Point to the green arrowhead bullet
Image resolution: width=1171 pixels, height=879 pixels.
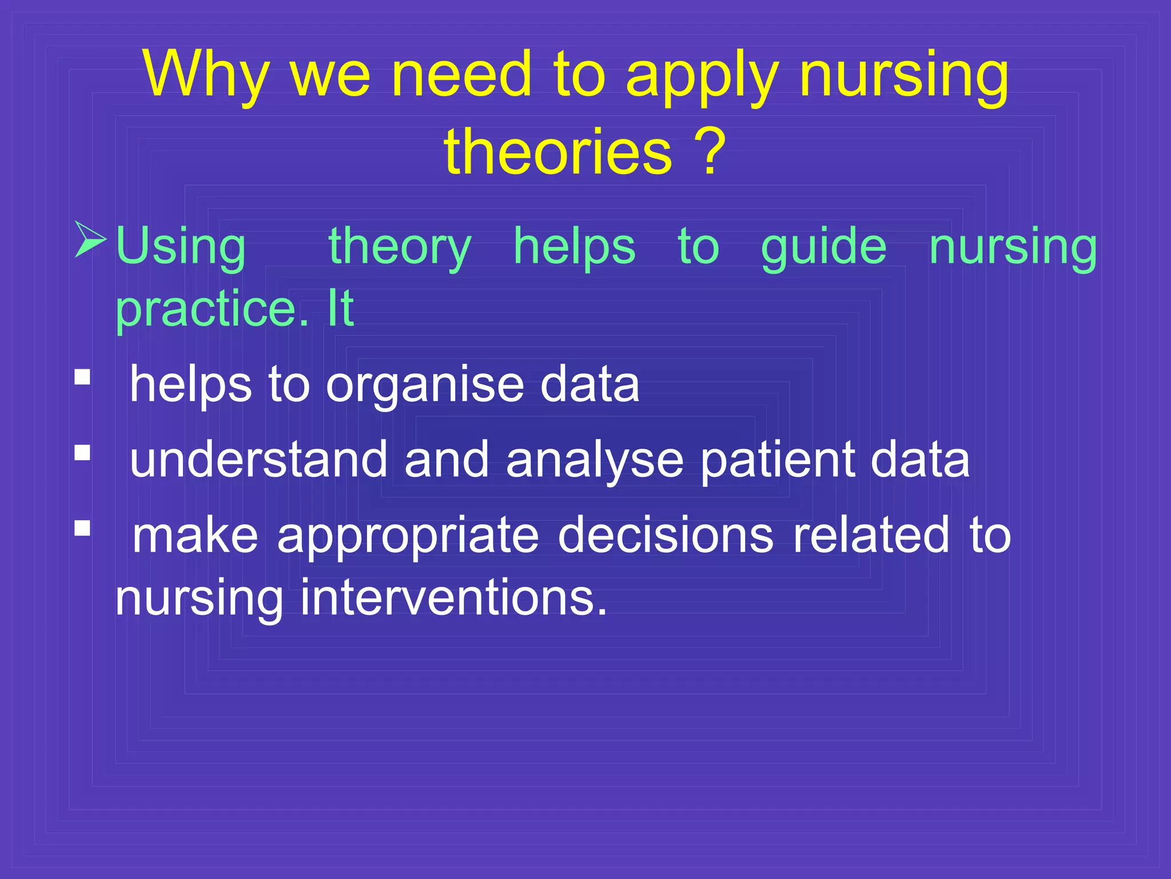(90, 239)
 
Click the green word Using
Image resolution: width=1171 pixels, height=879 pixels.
(181, 246)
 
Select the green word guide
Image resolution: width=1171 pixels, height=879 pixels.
(823, 246)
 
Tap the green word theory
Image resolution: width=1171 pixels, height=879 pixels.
(400, 246)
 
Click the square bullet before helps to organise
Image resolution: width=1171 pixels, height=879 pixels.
(82, 377)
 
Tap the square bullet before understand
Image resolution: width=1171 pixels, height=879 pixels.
(82, 453)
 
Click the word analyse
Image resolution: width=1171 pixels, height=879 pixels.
(595, 460)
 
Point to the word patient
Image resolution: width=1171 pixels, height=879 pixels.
(777, 460)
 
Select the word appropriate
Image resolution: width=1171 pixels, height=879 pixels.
(408, 536)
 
